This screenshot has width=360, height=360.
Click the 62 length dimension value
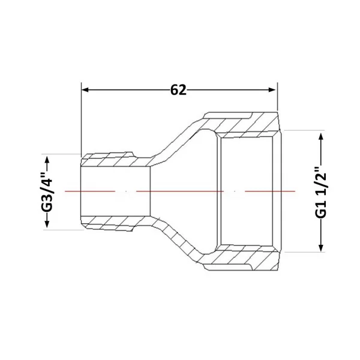click(178, 90)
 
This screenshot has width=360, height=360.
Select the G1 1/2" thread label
click(320, 192)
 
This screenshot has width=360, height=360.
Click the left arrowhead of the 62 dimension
click(85, 89)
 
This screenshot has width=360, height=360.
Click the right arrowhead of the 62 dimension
click(272, 89)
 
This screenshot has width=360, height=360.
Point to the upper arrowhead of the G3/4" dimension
click(47, 160)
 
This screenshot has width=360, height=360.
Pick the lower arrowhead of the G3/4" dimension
click(47, 224)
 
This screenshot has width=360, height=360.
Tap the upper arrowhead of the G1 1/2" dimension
click(321, 137)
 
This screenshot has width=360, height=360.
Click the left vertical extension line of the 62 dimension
click(81, 120)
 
